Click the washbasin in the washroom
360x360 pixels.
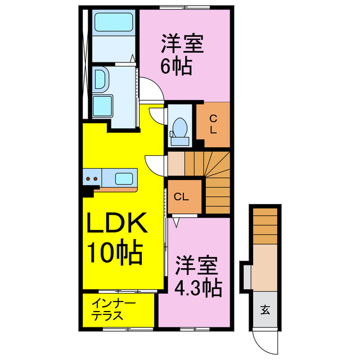click(x=101, y=79)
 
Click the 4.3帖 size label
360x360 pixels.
click(x=197, y=288)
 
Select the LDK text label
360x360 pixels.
click(x=116, y=223)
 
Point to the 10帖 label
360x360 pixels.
click(x=114, y=253)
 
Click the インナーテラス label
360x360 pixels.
click(x=114, y=310)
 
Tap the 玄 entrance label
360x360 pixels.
click(x=264, y=308)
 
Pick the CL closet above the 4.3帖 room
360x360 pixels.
click(x=181, y=197)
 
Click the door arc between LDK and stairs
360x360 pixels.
click(x=155, y=164)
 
